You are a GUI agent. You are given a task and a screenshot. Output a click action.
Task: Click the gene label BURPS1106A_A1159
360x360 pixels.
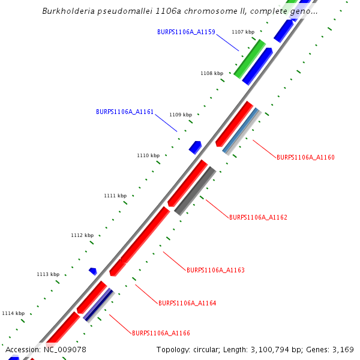coord(186,31)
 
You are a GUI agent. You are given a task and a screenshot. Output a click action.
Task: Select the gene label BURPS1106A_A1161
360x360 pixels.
coord(125,112)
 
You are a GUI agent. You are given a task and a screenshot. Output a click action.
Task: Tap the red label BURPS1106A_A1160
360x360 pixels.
coord(305,157)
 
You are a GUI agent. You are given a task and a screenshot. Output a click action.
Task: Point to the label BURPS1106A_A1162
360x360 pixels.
coord(258,217)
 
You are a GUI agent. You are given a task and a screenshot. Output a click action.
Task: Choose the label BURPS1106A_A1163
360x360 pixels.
coord(215,270)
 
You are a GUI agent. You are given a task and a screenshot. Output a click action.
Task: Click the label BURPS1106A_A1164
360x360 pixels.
coord(187,303)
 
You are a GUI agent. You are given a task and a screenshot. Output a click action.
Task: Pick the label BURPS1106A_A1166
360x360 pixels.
coord(161,332)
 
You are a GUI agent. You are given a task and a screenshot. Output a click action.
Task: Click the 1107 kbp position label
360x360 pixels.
coord(243,31)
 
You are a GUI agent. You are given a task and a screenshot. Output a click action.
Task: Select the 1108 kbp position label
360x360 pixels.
coord(212,73)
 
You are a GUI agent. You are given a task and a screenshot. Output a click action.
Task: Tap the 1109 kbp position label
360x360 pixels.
coord(181,115)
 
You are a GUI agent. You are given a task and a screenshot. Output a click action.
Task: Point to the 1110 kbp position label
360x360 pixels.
coord(148,155)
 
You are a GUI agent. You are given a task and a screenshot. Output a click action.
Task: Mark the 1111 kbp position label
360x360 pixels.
coord(115,196)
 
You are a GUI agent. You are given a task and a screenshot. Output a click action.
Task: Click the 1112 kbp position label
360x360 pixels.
coord(82,235)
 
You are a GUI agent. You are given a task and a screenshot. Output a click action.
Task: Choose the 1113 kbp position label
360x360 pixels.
coord(48,274)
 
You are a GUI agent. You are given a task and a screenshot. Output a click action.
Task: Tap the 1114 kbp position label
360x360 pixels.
coord(13,313)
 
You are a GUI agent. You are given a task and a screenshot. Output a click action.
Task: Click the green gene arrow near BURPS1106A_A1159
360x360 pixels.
coord(249,59)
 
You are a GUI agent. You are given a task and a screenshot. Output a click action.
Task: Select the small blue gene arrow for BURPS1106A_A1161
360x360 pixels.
coord(195,147)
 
